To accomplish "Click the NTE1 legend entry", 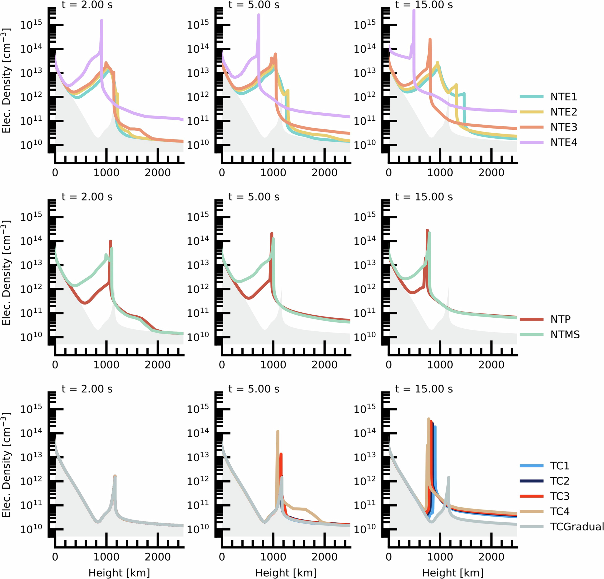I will tap(563, 97).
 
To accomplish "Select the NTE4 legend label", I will tap(563, 142).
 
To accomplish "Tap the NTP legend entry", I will tap(560, 319).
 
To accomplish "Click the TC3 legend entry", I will tap(560, 496).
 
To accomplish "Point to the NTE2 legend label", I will tap(563, 112).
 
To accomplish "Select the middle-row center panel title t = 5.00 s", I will tap(254, 197).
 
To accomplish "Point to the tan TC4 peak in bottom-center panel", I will tap(278, 432).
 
